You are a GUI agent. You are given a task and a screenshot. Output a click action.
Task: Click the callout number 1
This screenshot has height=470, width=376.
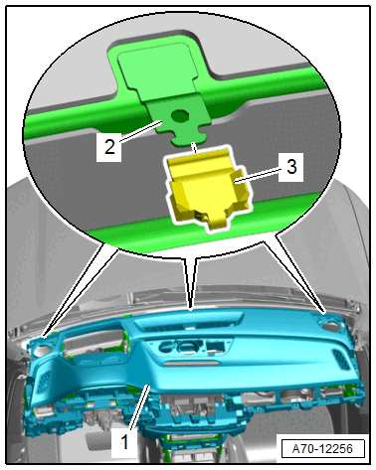click(124, 442)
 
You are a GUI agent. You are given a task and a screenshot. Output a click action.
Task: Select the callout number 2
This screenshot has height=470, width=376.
click(109, 146)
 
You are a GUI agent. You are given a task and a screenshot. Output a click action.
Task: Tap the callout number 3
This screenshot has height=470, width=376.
click(291, 166)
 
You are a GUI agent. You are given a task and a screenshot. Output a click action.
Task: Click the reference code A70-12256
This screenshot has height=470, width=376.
click(322, 449)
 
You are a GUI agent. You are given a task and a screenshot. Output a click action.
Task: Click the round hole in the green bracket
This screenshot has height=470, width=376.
click(179, 115)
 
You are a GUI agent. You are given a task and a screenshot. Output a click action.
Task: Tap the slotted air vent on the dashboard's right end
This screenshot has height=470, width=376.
click(341, 360)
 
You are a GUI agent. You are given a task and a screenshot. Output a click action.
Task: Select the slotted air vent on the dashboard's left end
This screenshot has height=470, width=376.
click(44, 382)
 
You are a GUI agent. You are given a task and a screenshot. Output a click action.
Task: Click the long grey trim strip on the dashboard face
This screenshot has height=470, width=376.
click(191, 364)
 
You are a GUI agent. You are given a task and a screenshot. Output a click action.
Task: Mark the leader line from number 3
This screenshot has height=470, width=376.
click(259, 174)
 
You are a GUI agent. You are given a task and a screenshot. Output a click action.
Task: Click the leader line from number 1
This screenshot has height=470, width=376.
click(139, 407)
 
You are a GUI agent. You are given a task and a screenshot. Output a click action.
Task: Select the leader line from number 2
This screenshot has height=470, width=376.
click(140, 132)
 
